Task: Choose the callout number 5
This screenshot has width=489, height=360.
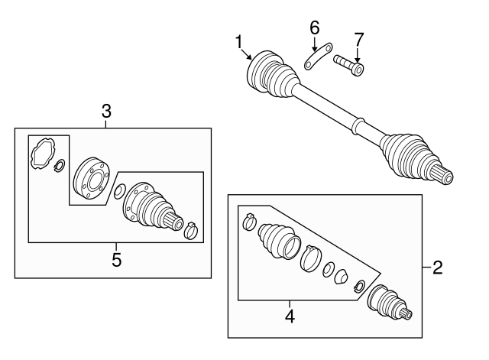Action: (116, 260)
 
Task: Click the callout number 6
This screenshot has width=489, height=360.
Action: (313, 28)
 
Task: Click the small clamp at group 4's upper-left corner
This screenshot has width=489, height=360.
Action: (248, 222)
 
